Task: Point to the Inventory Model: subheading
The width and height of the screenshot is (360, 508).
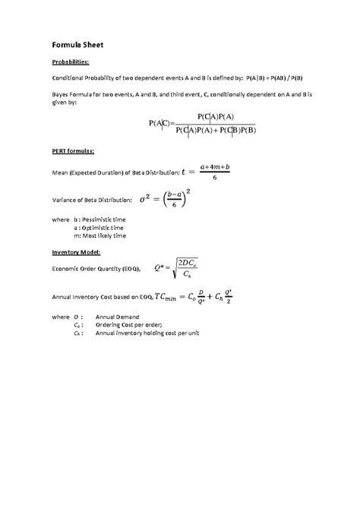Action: click(x=76, y=251)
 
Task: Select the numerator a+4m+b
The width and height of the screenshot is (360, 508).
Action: click(x=214, y=166)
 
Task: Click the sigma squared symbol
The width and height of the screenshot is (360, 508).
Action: click(x=147, y=200)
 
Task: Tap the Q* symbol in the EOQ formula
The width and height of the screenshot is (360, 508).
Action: click(x=159, y=269)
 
